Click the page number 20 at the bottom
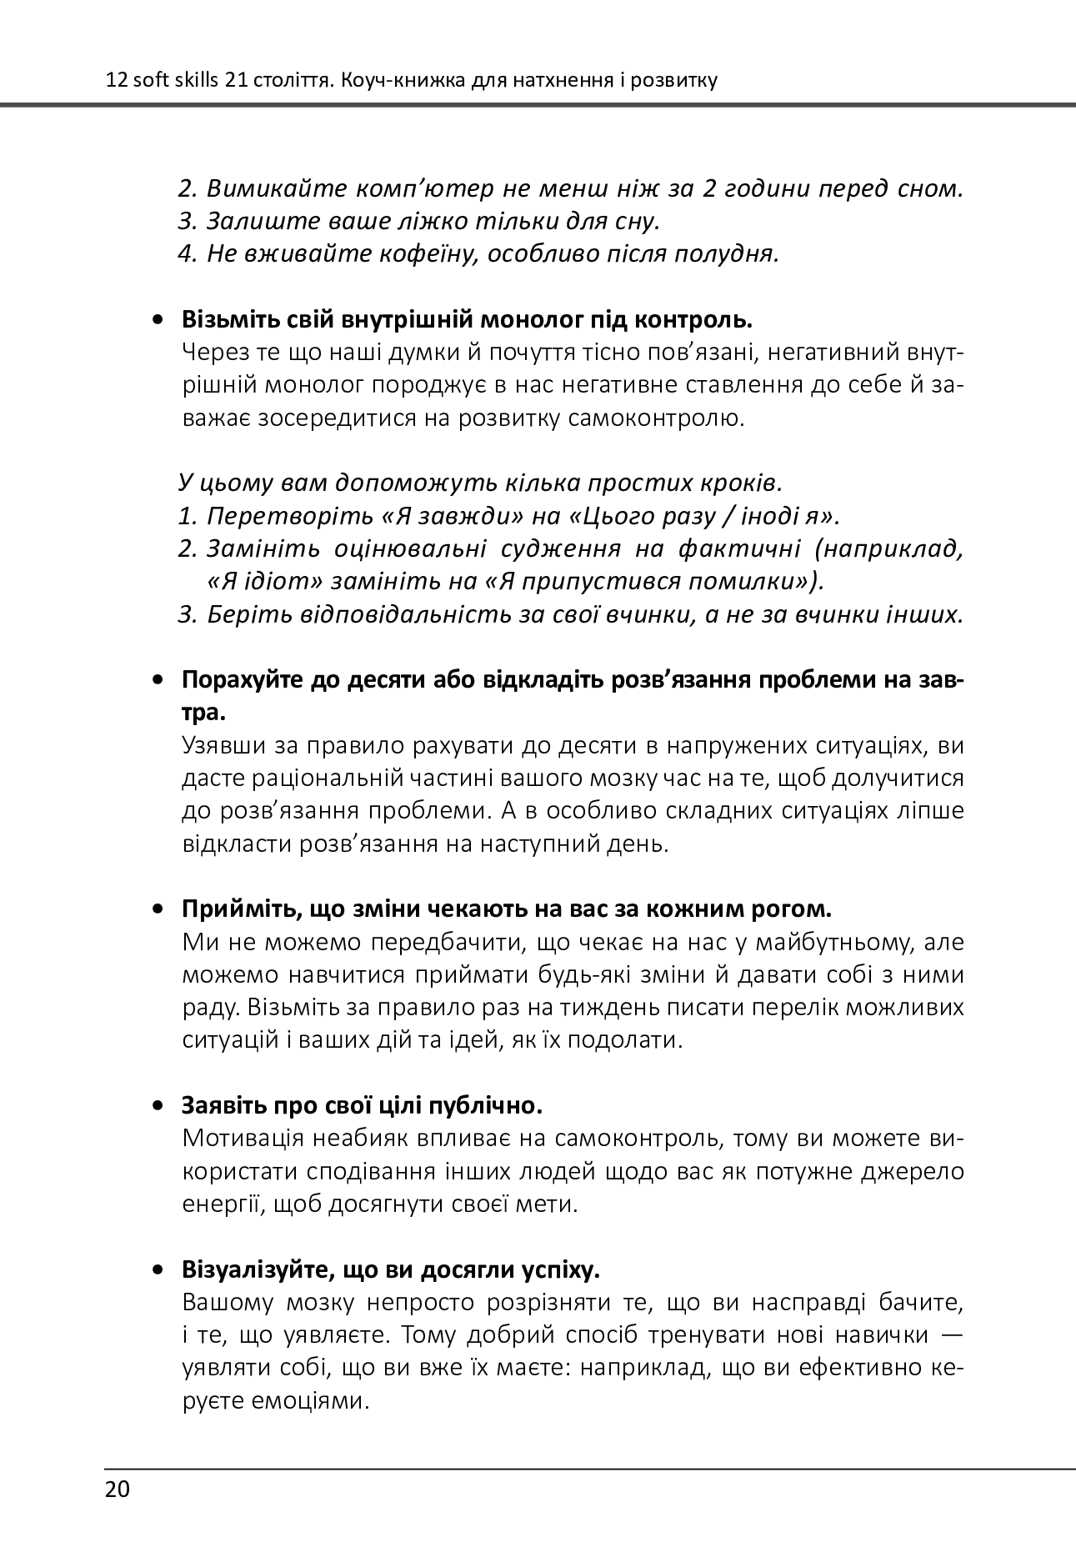click(x=118, y=1489)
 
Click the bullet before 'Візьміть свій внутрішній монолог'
click(x=157, y=320)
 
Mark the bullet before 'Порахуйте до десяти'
click(x=157, y=681)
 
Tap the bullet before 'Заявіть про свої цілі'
click(x=157, y=1107)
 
